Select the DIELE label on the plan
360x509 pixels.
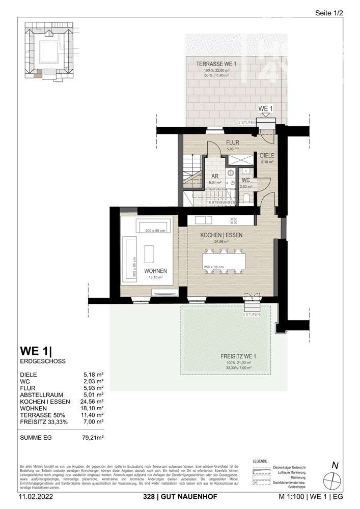(x=267, y=156)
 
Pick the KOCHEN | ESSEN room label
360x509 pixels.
(x=221, y=235)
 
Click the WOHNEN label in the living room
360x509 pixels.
(x=155, y=271)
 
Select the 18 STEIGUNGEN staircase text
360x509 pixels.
(x=221, y=203)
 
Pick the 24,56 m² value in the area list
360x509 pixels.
(x=92, y=401)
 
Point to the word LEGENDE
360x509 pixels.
(x=260, y=461)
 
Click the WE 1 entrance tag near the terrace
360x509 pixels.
(x=266, y=109)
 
